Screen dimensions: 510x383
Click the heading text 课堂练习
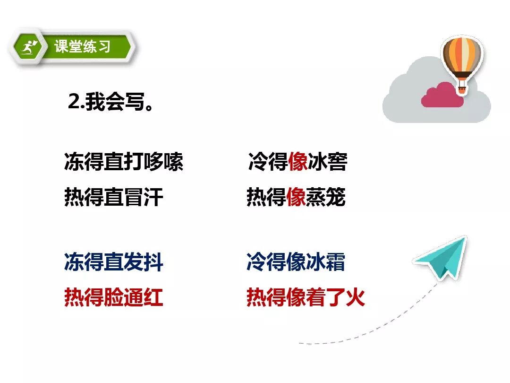point(83,47)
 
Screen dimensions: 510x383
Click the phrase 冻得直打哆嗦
point(123,162)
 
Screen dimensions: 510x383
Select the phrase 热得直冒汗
point(113,197)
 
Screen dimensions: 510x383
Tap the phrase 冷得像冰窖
point(297,162)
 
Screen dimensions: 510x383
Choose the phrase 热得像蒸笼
point(296,197)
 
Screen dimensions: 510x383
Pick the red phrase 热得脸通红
point(113,298)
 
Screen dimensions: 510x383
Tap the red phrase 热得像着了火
point(306,298)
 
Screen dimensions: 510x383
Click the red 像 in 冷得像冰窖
point(297,162)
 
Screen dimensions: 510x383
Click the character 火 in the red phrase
point(355,298)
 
